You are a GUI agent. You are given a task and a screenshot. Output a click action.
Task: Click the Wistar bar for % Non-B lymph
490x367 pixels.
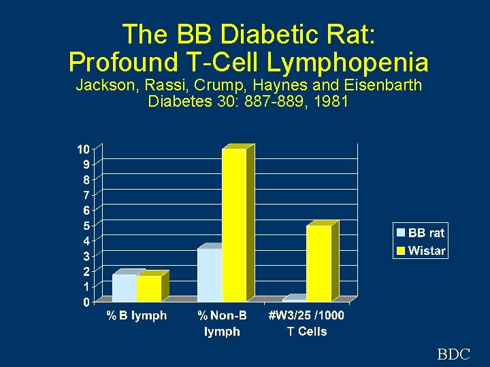click(x=234, y=224)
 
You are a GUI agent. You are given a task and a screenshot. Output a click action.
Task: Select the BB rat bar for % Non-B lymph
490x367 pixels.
click(x=210, y=275)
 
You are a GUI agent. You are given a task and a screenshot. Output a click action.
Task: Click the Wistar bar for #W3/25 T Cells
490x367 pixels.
click(x=318, y=263)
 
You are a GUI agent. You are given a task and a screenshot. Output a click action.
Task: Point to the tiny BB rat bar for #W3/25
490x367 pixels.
click(x=294, y=299)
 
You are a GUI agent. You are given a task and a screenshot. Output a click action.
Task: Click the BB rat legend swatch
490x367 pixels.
click(x=401, y=233)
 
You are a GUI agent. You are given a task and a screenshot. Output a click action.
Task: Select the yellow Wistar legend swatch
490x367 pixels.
click(x=401, y=251)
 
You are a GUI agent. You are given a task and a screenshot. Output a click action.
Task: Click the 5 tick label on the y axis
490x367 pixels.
click(x=86, y=226)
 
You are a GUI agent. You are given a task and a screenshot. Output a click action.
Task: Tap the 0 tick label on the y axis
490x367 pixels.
click(x=86, y=302)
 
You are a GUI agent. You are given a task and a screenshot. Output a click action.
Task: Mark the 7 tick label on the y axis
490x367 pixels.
click(x=86, y=195)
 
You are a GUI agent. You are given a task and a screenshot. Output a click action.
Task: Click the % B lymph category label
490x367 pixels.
click(x=136, y=315)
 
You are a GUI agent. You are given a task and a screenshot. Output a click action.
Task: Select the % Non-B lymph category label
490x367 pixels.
click(x=222, y=324)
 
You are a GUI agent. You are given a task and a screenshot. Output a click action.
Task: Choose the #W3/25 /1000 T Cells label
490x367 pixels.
click(x=306, y=324)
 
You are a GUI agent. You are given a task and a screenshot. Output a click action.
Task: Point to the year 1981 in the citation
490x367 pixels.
click(x=333, y=102)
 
